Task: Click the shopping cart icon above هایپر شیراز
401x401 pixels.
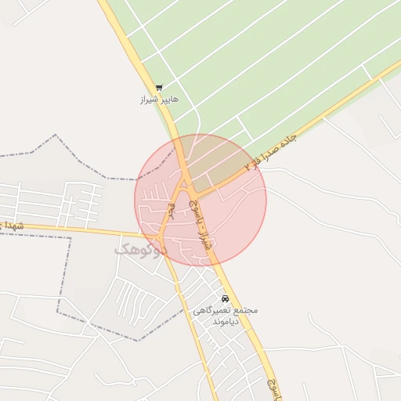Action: [159, 88]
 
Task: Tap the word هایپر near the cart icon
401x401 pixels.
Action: [168, 100]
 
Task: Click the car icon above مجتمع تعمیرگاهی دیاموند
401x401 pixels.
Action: [225, 298]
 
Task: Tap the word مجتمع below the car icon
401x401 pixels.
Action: [246, 310]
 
